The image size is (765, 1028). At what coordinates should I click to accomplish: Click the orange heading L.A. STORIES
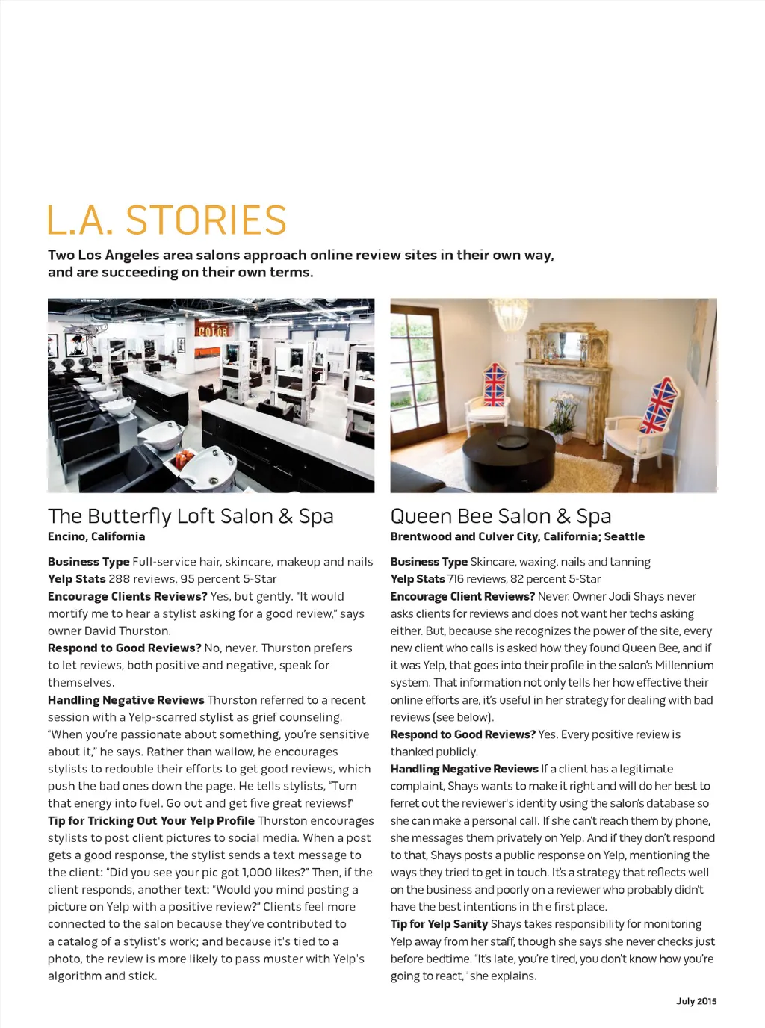pyautogui.click(x=167, y=220)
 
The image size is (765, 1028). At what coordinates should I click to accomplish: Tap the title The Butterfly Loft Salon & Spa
pyautogui.click(x=191, y=516)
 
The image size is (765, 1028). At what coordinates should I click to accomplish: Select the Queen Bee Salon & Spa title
pyautogui.click(x=501, y=516)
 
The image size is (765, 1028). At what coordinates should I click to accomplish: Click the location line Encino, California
pyautogui.click(x=96, y=536)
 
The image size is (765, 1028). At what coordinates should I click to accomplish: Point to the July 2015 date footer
pyautogui.click(x=696, y=1001)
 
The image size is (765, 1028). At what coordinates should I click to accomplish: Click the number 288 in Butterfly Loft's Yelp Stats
pyautogui.click(x=119, y=579)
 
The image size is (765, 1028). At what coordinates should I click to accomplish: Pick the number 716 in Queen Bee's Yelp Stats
pyautogui.click(x=455, y=579)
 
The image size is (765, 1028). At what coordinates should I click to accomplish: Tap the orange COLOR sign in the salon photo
pyautogui.click(x=211, y=331)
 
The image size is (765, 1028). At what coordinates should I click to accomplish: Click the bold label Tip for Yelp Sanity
pyautogui.click(x=439, y=924)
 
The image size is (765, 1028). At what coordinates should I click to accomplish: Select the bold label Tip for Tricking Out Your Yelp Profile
pyautogui.click(x=151, y=820)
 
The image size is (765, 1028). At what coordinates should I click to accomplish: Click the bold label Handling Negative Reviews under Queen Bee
pyautogui.click(x=464, y=769)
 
